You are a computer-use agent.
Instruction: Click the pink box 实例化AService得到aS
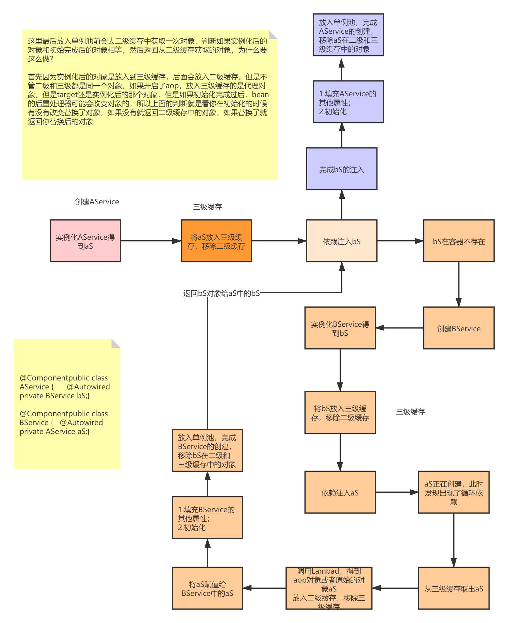click(x=85, y=241)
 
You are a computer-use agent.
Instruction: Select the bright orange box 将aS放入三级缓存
click(x=216, y=241)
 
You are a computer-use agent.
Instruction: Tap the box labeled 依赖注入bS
click(x=342, y=241)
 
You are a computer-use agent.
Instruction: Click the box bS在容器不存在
click(x=459, y=241)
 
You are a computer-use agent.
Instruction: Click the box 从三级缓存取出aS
click(x=454, y=588)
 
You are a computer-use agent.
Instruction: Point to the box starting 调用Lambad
click(x=329, y=588)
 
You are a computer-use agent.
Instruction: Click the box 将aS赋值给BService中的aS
click(x=207, y=588)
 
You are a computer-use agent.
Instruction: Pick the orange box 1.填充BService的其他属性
click(x=207, y=517)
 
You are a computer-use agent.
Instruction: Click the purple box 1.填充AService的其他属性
click(x=348, y=102)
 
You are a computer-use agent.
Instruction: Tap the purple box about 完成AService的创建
click(x=348, y=35)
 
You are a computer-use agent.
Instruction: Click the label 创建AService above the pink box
click(x=97, y=202)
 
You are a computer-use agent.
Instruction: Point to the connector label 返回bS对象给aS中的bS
click(x=222, y=293)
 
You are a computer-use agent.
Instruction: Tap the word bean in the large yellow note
click(x=260, y=95)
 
